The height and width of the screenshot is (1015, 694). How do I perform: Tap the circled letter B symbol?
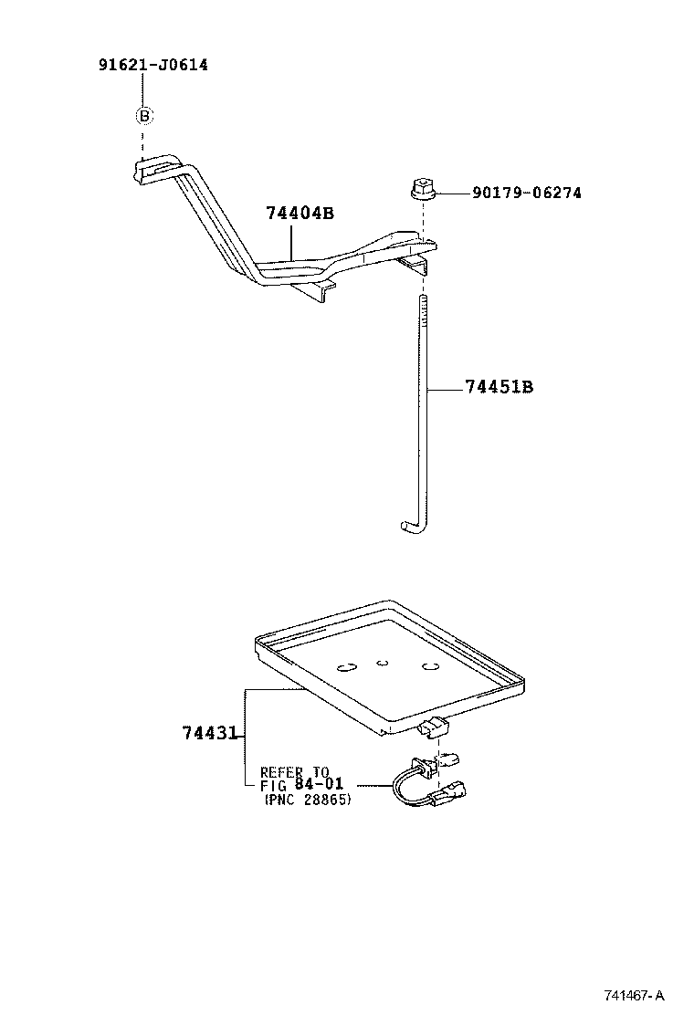[144, 116]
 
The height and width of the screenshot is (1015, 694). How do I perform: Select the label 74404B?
[300, 214]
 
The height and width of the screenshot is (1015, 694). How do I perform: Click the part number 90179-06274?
[526, 193]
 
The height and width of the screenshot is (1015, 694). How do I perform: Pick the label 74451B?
[499, 387]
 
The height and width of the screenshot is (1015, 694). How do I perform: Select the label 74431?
[209, 733]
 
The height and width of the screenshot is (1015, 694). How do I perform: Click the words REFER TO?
[294, 771]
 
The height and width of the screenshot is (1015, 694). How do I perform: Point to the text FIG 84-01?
[301, 785]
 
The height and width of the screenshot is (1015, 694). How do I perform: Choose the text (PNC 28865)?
[307, 800]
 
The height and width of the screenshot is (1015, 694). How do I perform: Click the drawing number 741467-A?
[633, 994]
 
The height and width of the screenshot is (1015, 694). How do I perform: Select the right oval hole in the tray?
[431, 667]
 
